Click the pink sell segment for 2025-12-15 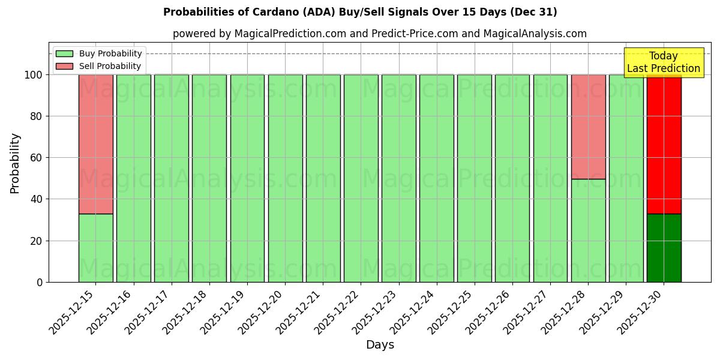tap(95, 144)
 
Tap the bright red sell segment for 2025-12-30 tap(664, 150)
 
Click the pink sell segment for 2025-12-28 tap(588, 127)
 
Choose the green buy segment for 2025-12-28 tap(588, 230)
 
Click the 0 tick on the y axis tap(40, 282)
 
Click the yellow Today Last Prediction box tap(663, 62)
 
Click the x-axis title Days tap(380, 345)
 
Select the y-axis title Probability tap(15, 163)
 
